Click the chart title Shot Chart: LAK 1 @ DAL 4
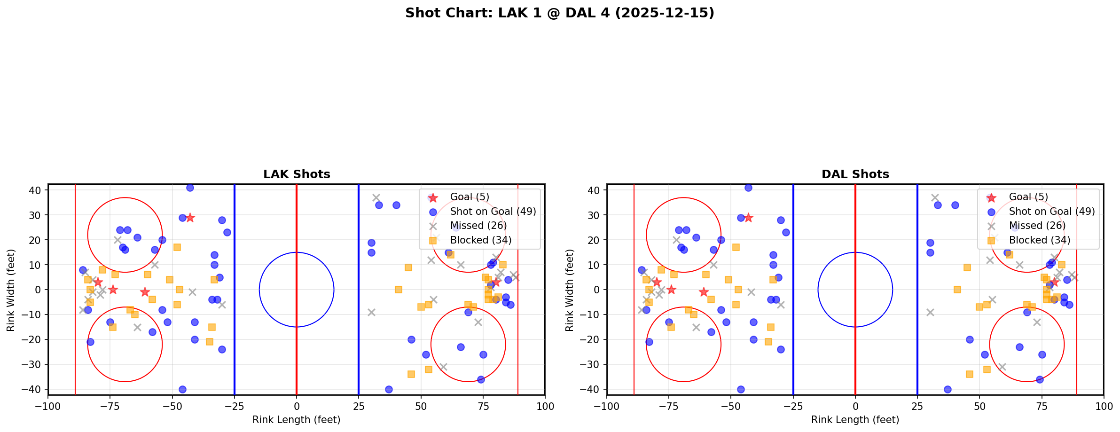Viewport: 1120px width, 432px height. click(559, 13)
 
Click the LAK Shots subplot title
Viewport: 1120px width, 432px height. click(297, 174)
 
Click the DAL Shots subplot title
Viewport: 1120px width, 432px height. click(855, 174)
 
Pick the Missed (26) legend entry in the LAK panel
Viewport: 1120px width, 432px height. click(478, 226)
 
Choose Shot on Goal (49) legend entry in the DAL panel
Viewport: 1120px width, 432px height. click(1051, 212)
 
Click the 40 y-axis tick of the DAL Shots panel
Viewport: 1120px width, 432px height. click(595, 190)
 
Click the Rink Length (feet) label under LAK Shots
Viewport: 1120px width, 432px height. click(297, 420)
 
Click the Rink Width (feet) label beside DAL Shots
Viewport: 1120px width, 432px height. click(570, 290)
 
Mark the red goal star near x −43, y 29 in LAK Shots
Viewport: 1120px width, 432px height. click(190, 218)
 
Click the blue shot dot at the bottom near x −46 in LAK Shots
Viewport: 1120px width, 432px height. click(182, 389)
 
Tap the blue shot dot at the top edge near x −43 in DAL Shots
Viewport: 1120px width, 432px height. click(748, 188)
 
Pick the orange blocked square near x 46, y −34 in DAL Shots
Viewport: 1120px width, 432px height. click(969, 374)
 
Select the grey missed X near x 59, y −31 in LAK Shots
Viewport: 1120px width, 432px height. click(443, 367)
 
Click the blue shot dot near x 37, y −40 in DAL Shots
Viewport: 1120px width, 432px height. click(948, 389)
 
